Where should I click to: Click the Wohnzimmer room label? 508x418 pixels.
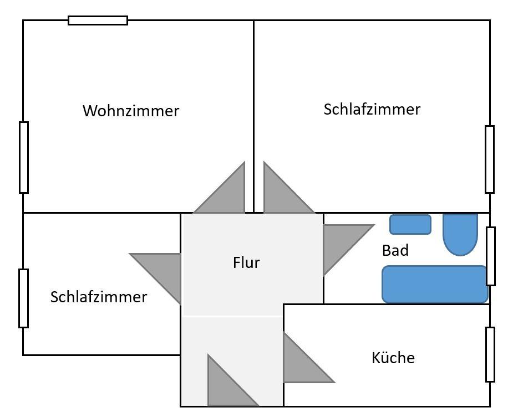click(131, 111)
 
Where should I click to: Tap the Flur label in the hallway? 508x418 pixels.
click(246, 262)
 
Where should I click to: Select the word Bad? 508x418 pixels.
click(395, 250)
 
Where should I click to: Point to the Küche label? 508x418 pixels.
click(393, 358)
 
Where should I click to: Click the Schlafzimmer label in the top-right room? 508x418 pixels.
click(372, 109)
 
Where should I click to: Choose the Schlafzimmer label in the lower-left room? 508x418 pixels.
click(99, 297)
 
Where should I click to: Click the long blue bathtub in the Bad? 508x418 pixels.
click(434, 285)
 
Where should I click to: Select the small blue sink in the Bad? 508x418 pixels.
click(410, 224)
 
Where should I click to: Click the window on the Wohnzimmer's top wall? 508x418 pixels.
click(98, 20)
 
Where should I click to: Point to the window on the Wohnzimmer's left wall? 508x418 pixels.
click(24, 157)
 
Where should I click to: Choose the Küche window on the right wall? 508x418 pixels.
click(490, 354)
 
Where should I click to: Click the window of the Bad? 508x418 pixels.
click(491, 256)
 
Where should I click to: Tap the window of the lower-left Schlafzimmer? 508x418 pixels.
click(23, 298)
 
